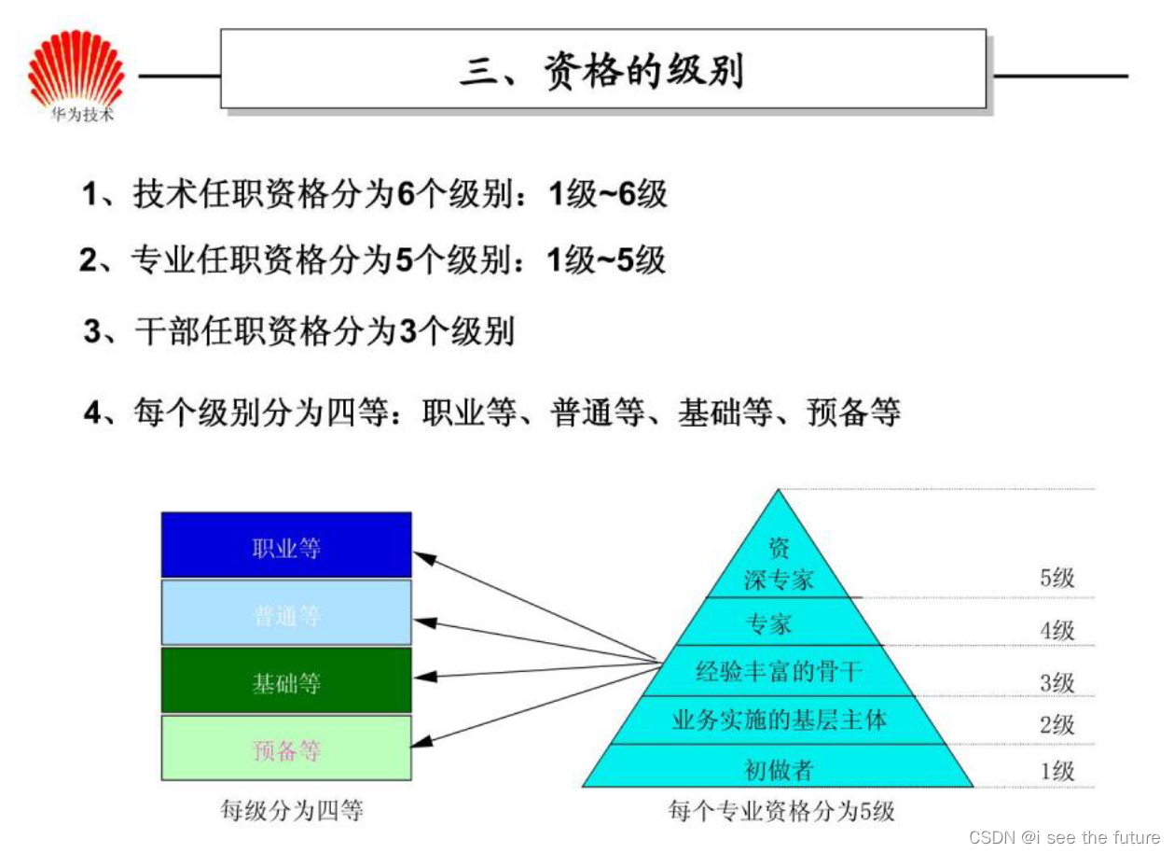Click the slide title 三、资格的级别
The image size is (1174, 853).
click(x=602, y=71)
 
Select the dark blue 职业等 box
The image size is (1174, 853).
click(x=286, y=547)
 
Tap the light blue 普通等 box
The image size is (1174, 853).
click(x=286, y=614)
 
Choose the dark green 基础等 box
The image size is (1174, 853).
click(x=286, y=682)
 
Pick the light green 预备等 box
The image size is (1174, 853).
click(x=286, y=749)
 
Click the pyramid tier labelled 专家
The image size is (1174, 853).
click(x=770, y=623)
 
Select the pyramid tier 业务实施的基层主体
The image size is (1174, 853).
click(x=779, y=720)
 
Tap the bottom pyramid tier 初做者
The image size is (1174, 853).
click(x=779, y=769)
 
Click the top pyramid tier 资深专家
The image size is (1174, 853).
click(x=779, y=566)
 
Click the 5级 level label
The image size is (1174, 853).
click(x=1057, y=578)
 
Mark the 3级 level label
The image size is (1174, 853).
click(x=1057, y=682)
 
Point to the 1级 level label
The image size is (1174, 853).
click(x=1057, y=770)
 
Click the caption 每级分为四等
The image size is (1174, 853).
click(x=291, y=810)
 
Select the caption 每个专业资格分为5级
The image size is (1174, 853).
click(x=781, y=810)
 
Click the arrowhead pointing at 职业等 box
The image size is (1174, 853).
click(x=425, y=559)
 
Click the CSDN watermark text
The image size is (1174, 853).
click(x=1064, y=837)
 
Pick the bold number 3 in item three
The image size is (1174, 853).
click(x=407, y=332)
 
